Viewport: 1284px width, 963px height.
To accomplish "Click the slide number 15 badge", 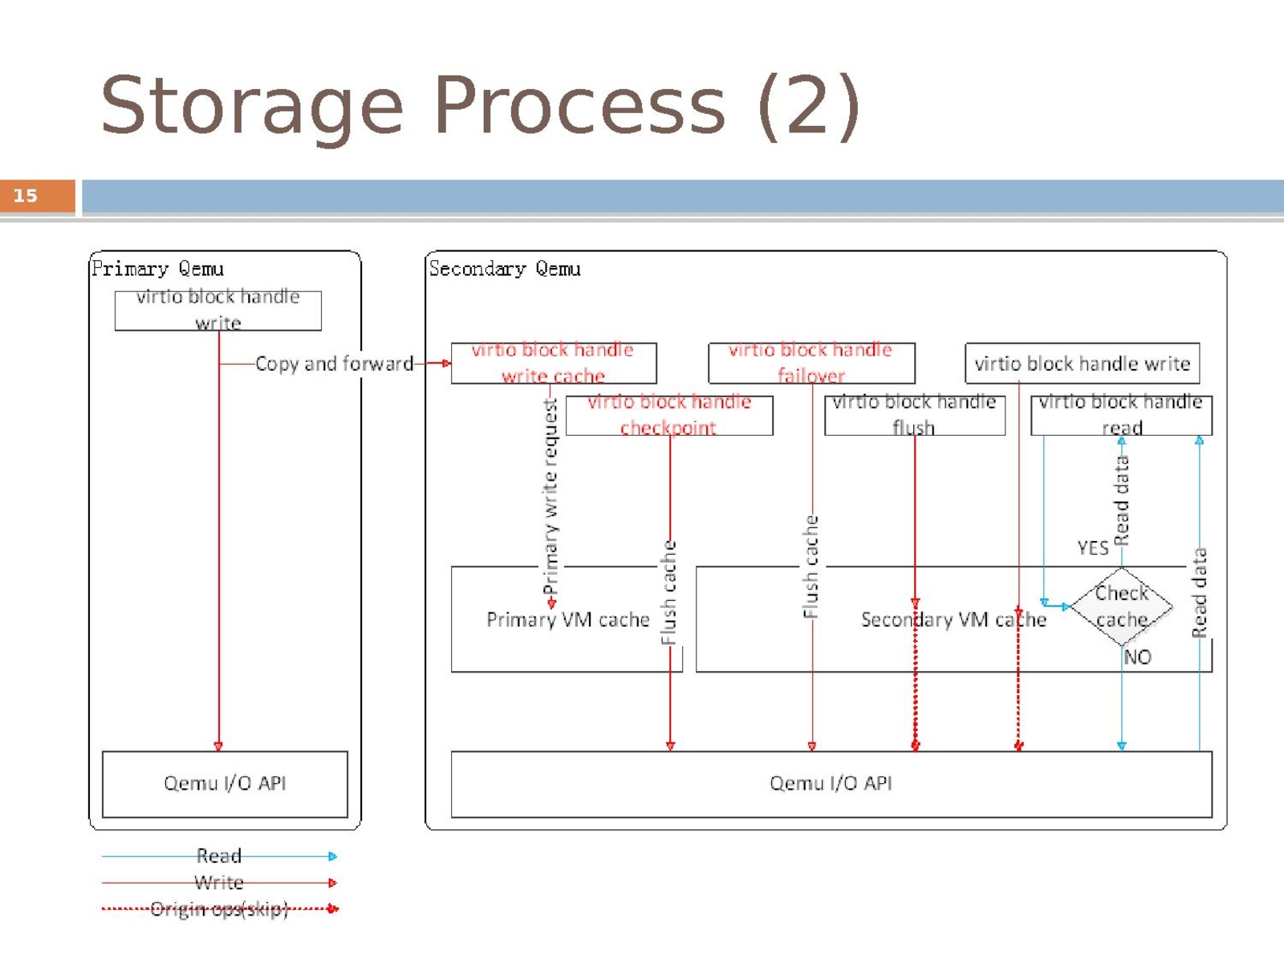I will tap(37, 196).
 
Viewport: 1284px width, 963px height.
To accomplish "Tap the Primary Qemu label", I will tap(157, 269).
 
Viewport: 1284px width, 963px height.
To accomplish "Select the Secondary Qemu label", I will tap(504, 269).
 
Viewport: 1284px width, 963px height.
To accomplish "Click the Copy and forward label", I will tap(334, 364).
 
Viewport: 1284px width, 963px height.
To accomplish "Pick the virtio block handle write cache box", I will tap(553, 364).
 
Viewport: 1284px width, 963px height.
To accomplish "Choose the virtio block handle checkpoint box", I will tap(669, 415).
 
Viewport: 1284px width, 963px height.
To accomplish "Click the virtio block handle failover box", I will tap(811, 364).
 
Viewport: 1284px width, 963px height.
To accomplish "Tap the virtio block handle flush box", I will tap(914, 415).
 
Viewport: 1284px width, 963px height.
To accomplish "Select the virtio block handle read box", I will tap(1120, 415).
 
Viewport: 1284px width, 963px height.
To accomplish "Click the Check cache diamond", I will tap(1121, 607).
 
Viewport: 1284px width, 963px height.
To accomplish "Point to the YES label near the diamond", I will tap(1092, 548).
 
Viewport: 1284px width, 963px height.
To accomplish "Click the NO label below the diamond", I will tap(1137, 657).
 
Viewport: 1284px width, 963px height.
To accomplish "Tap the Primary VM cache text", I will tap(567, 620).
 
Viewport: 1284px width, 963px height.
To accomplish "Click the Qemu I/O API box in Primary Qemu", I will tap(225, 783).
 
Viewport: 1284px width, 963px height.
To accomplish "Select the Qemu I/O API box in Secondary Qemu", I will tap(831, 783).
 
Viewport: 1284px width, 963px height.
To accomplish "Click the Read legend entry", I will tap(219, 856).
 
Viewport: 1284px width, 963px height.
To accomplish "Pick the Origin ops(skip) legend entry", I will tap(219, 909).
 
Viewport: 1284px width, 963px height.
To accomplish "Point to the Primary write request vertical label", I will tap(551, 498).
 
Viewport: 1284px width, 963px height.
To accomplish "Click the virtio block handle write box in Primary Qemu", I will tap(217, 311).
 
